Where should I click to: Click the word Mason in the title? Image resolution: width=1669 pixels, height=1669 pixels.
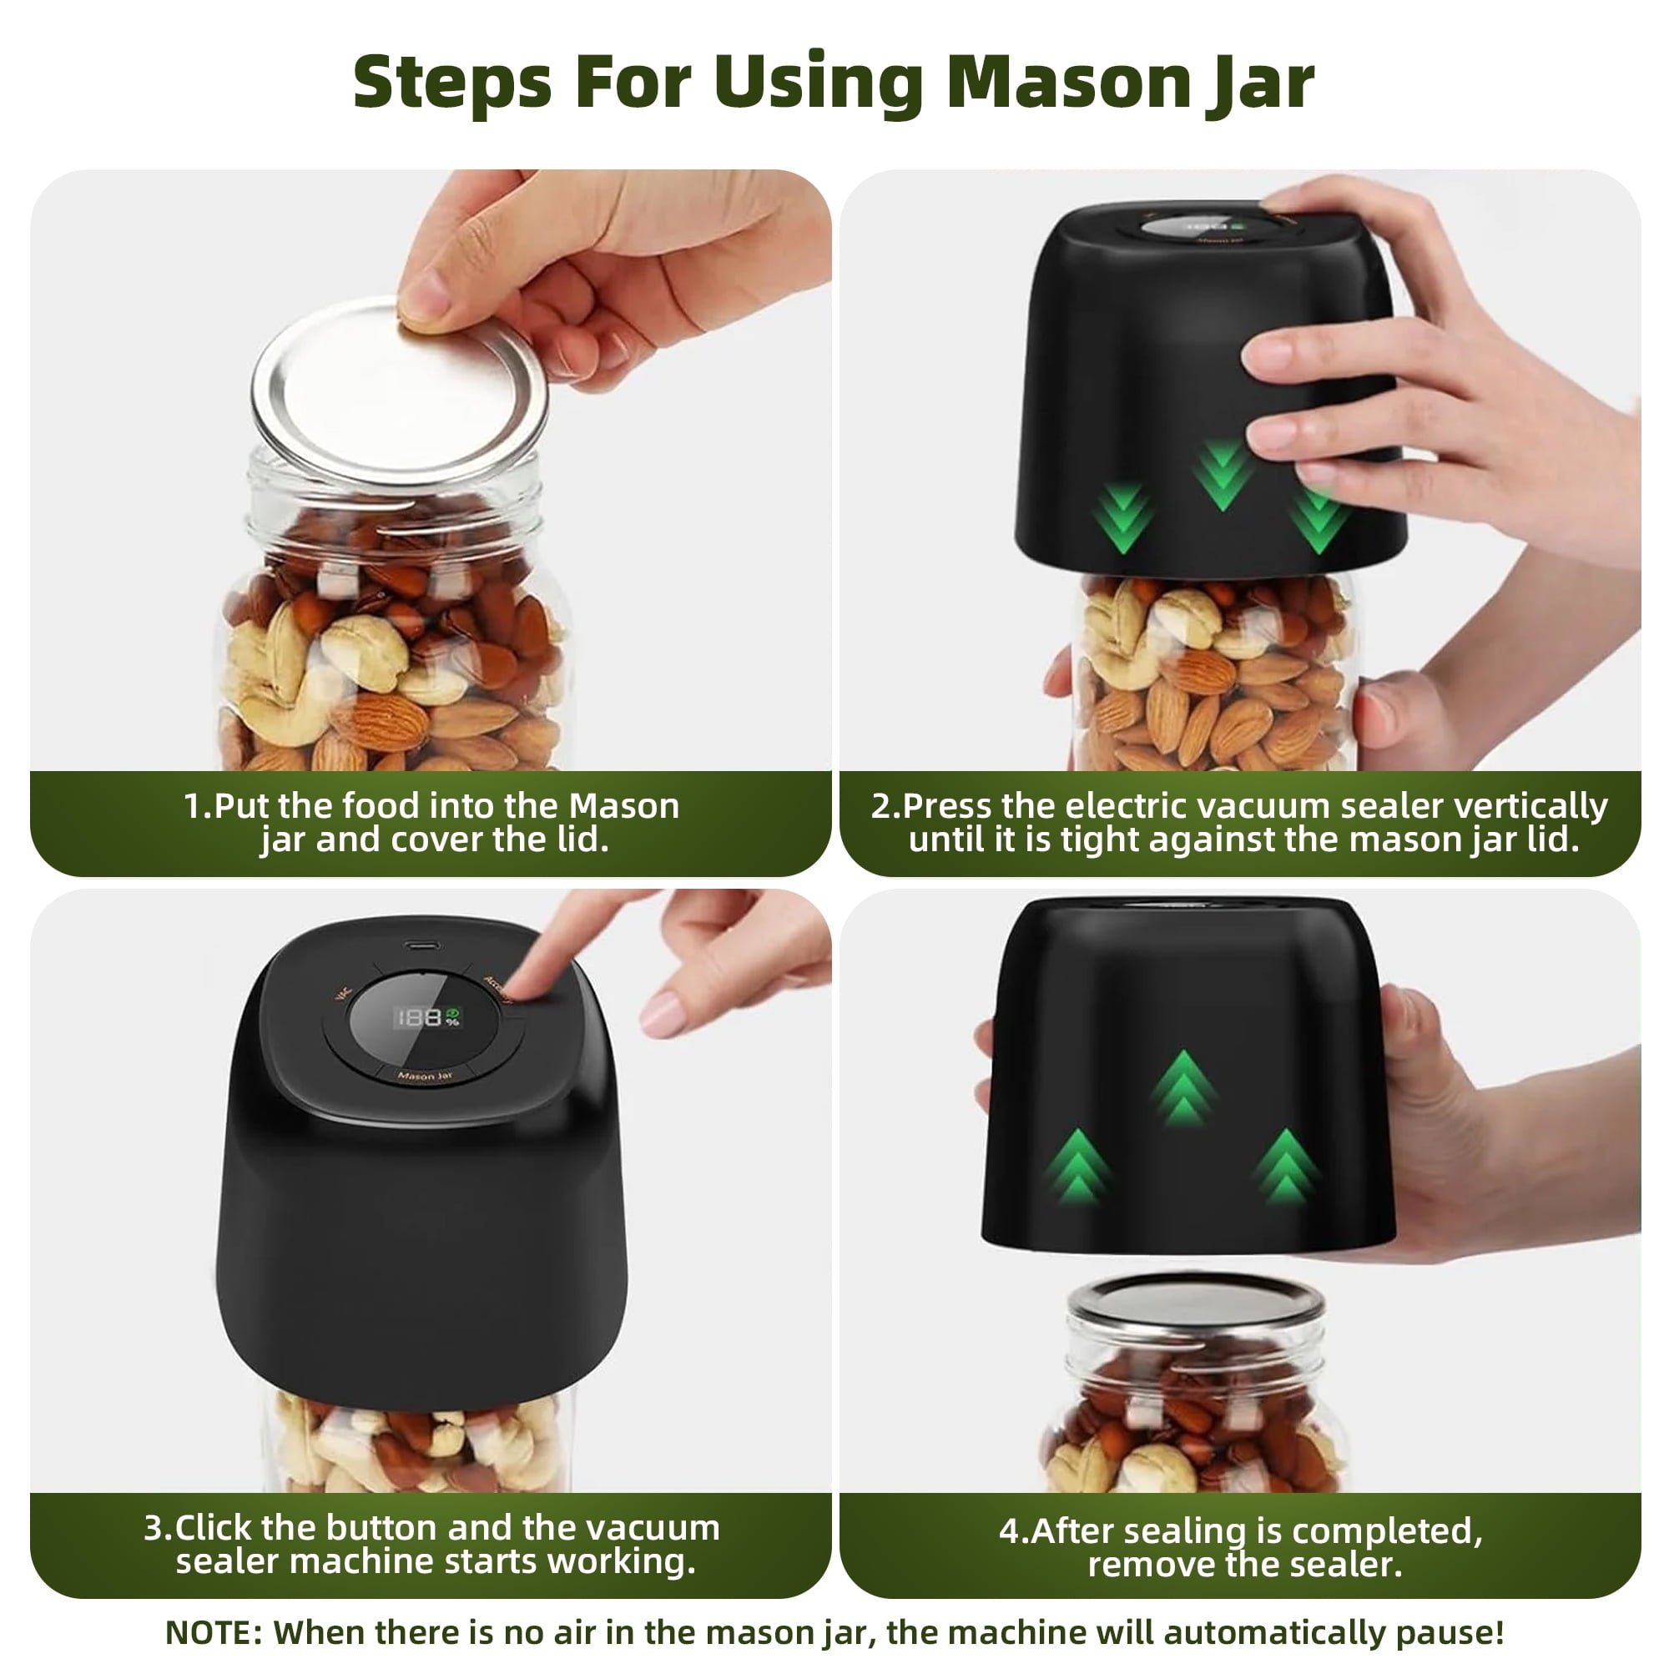click(x=1069, y=83)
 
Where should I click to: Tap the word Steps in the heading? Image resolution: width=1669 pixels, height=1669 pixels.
click(x=451, y=83)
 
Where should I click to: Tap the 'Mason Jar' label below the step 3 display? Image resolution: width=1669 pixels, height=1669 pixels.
click(x=424, y=1077)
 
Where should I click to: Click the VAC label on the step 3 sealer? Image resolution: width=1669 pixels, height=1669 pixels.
click(x=343, y=995)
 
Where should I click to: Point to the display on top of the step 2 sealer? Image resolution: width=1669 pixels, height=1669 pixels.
click(x=1193, y=227)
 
